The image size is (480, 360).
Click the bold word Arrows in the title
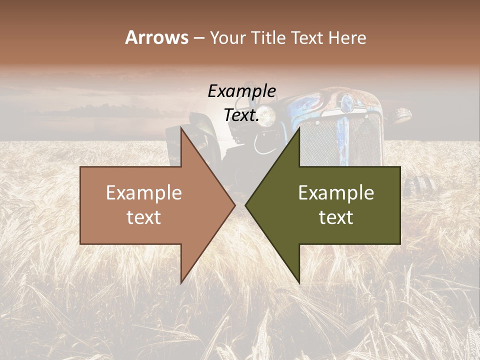click(x=156, y=37)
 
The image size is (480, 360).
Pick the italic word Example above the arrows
click(x=241, y=91)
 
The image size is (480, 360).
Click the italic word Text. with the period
click(x=241, y=115)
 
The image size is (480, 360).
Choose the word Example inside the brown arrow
click(x=144, y=193)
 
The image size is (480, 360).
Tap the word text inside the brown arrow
click(x=144, y=217)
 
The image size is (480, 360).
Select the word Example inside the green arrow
click(x=336, y=193)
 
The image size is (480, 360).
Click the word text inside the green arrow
click(x=336, y=217)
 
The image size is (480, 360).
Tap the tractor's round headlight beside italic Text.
click(x=267, y=115)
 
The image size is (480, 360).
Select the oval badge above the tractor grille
click(x=346, y=103)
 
